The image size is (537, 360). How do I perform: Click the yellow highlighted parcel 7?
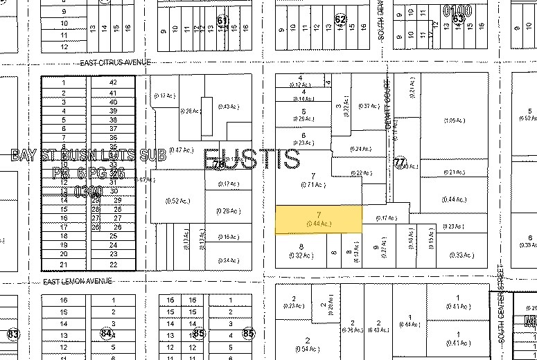coord(319,219)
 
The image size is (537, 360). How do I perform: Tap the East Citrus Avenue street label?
coord(115,62)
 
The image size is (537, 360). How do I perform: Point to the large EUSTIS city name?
coord(252,159)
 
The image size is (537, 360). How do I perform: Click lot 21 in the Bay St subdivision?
coord(64,264)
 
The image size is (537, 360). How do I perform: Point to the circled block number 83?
coord(12,334)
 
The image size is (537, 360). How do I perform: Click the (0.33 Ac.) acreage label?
coord(461,255)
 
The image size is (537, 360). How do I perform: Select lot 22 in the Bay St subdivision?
coord(113,264)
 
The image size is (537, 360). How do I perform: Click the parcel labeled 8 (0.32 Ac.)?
coord(301,250)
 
